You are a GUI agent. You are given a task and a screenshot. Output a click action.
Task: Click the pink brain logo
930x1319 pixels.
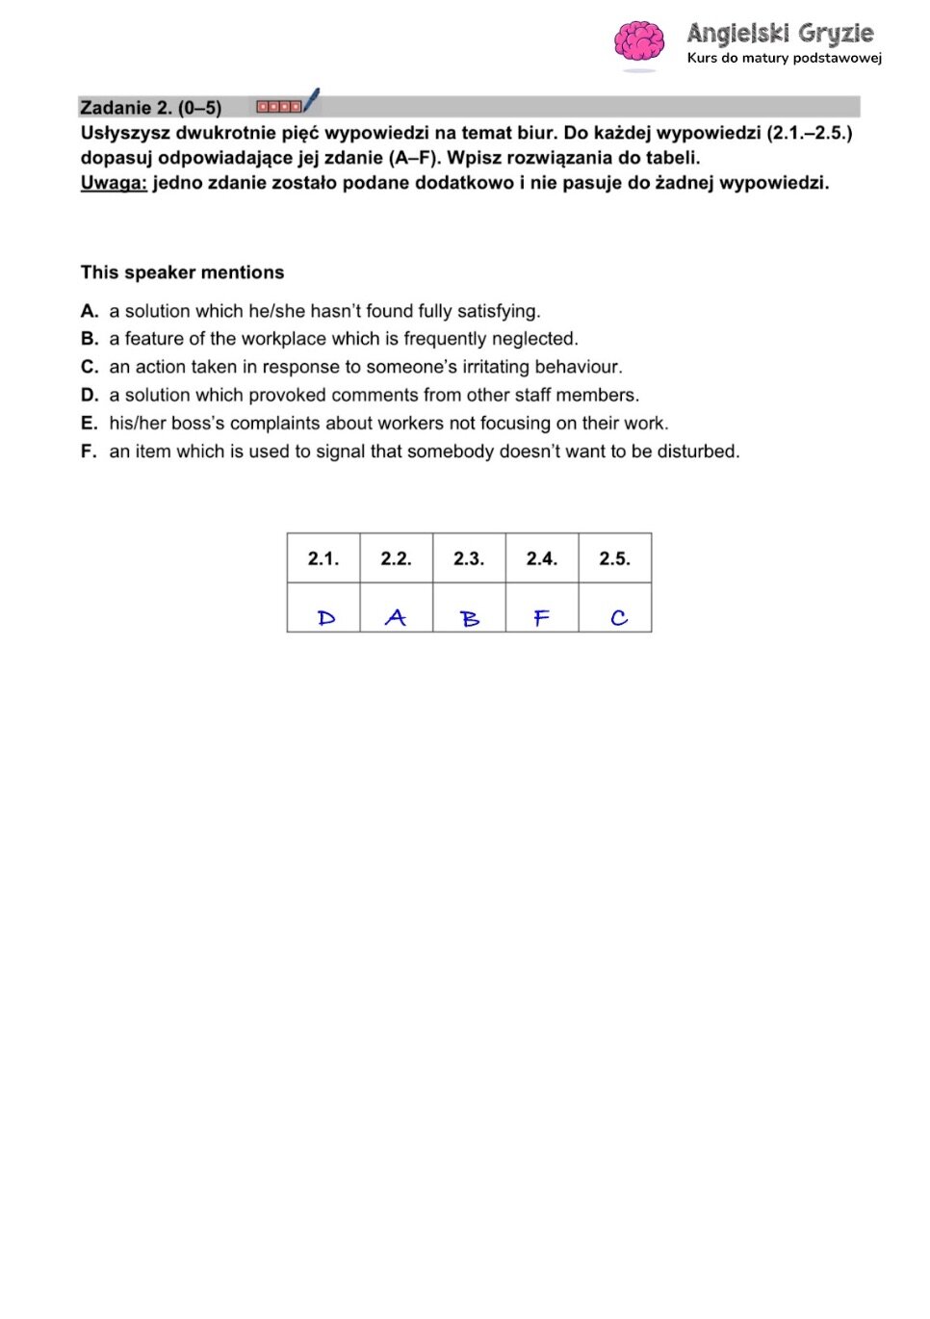(x=639, y=43)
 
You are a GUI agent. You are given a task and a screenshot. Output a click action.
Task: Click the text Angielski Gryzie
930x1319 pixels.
(x=780, y=34)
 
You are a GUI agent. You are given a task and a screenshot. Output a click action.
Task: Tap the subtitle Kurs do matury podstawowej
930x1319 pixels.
(x=784, y=58)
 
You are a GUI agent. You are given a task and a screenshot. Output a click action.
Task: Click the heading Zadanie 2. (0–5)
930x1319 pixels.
(x=151, y=108)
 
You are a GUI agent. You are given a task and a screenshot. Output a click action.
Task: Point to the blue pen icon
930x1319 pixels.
(x=311, y=100)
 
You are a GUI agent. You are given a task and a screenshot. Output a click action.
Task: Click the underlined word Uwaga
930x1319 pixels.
(x=114, y=183)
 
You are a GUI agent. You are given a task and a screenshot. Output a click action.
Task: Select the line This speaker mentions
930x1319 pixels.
(x=183, y=272)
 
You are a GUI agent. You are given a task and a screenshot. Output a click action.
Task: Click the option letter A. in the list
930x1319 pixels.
(x=90, y=311)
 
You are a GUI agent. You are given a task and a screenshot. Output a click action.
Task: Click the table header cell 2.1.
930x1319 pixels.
(x=323, y=558)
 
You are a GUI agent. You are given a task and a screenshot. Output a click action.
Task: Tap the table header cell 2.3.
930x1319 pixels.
(x=469, y=558)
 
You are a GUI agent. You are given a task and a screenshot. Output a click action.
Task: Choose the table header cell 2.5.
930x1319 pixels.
(x=614, y=558)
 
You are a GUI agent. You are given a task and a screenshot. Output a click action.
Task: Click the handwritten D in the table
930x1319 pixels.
(x=326, y=618)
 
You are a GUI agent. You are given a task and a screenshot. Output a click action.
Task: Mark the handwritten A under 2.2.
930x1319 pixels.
(x=396, y=618)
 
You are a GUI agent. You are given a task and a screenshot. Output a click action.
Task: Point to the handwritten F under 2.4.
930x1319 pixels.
(x=542, y=618)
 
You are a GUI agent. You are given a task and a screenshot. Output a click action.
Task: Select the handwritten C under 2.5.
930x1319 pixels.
(x=618, y=618)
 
